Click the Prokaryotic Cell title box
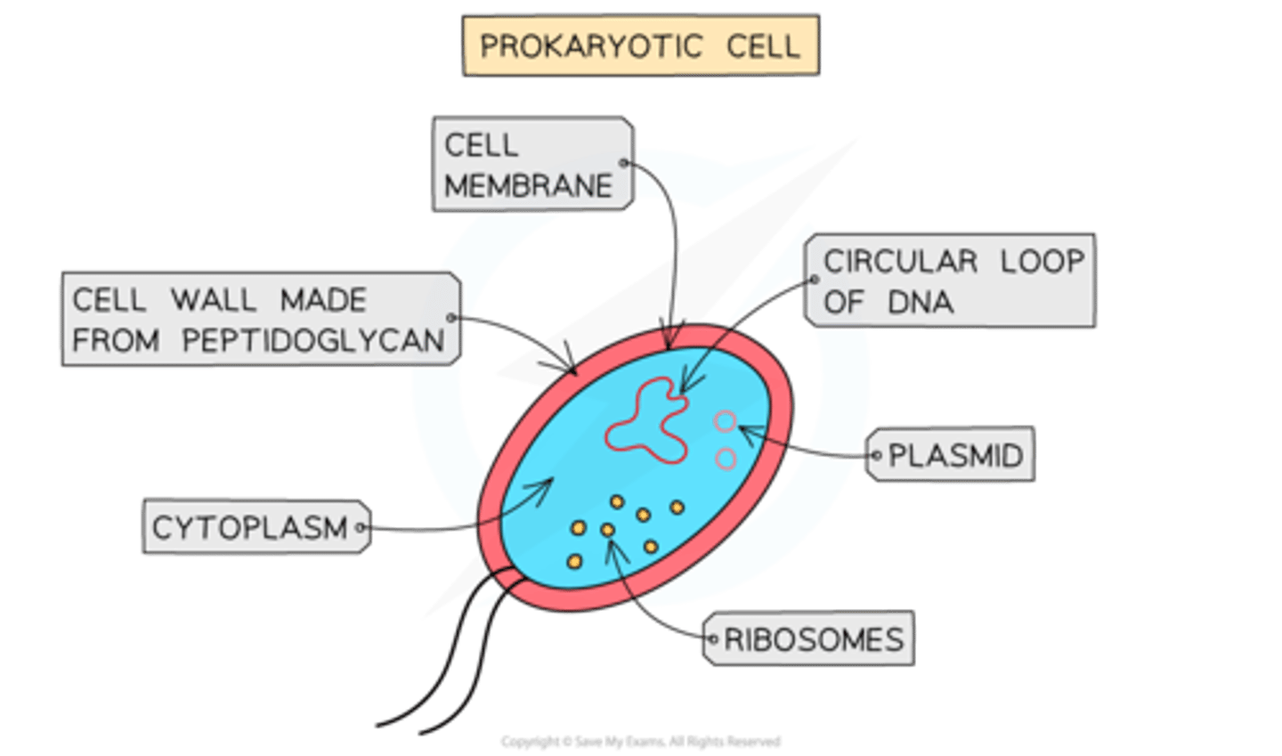click(640, 45)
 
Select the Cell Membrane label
click(531, 165)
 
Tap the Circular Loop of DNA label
click(949, 280)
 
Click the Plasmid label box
click(951, 455)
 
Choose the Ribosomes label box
click(808, 638)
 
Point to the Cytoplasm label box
click(256, 527)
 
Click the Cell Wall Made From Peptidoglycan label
click(260, 319)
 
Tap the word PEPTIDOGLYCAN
click(313, 340)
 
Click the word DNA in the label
click(921, 302)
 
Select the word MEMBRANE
click(529, 185)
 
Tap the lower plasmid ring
click(726, 459)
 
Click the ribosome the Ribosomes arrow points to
click(608, 530)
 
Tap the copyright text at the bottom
click(640, 741)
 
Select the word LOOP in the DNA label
click(1042, 261)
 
